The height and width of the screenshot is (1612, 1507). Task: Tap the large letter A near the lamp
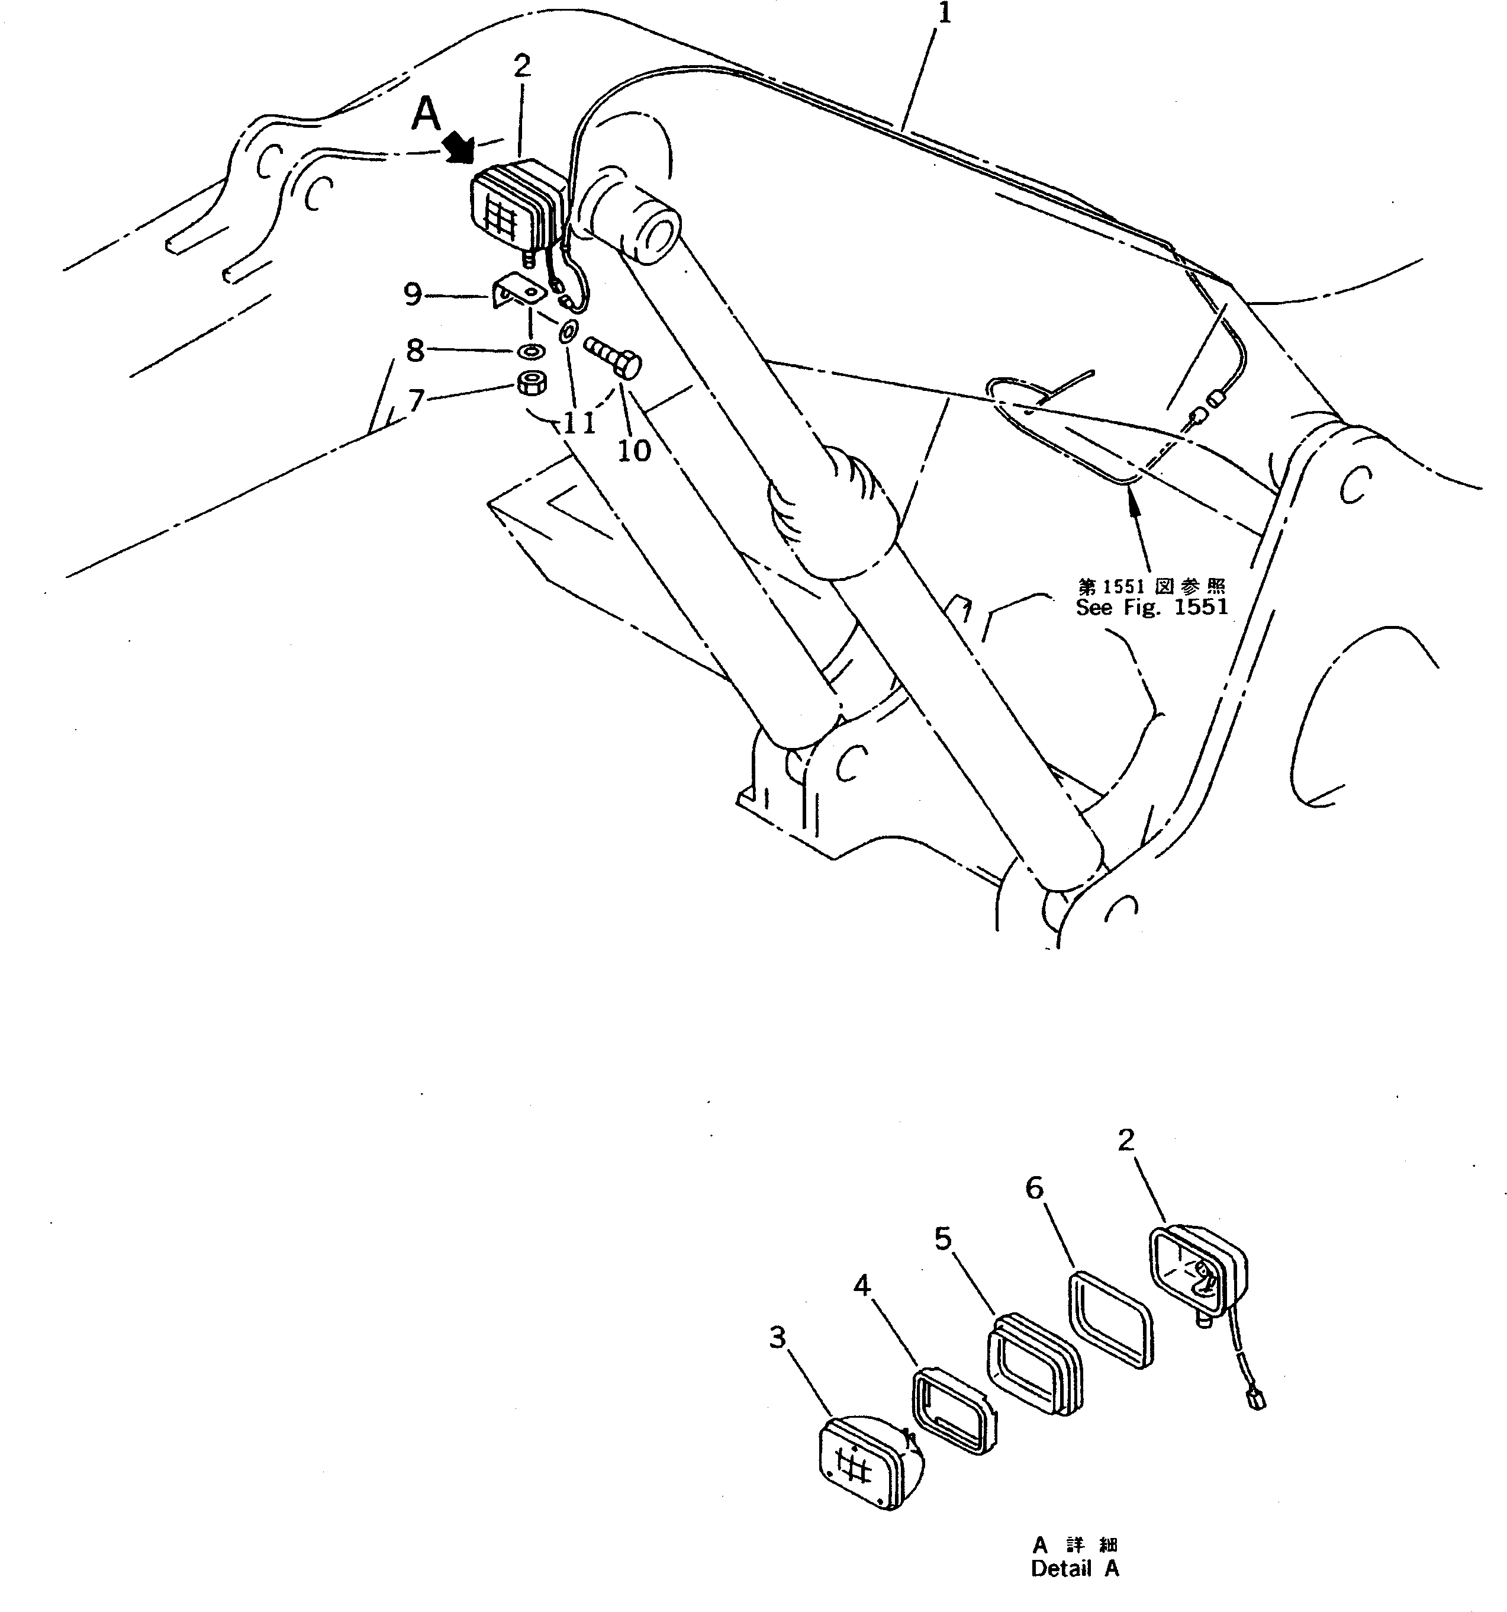point(426,114)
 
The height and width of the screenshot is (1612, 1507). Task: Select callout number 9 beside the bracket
point(413,294)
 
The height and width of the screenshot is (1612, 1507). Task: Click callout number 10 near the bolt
point(634,451)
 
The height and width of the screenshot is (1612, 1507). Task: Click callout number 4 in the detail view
point(862,1285)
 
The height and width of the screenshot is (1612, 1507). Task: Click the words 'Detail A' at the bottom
point(1074,1569)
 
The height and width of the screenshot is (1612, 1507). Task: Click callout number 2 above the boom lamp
point(522,66)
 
